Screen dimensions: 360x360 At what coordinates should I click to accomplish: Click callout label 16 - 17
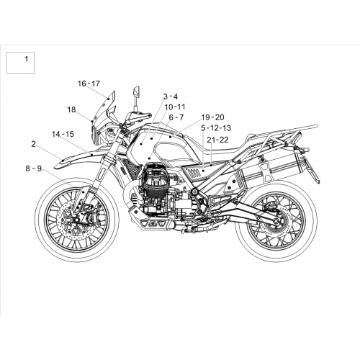[x=89, y=84]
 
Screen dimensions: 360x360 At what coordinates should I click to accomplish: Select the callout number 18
[x=71, y=109]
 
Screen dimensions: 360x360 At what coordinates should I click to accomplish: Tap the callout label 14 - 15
[x=63, y=134]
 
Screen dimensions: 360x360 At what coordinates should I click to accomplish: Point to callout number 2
[x=33, y=144]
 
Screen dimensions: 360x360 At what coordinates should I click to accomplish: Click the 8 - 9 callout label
[x=34, y=168]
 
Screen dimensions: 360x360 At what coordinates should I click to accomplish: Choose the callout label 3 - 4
[x=171, y=96]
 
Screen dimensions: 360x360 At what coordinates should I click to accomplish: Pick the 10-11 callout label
[x=175, y=107]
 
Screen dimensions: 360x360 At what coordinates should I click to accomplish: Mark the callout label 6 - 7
[x=176, y=117]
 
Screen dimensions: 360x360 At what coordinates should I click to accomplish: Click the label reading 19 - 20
[x=212, y=117]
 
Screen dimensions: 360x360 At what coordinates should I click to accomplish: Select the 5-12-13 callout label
[x=216, y=128]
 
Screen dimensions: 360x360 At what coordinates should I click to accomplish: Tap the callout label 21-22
[x=218, y=140]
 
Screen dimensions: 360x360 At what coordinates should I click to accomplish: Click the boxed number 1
[x=27, y=59]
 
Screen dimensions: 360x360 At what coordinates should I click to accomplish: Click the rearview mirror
[x=138, y=91]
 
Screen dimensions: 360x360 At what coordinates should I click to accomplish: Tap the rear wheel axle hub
[x=275, y=220]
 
